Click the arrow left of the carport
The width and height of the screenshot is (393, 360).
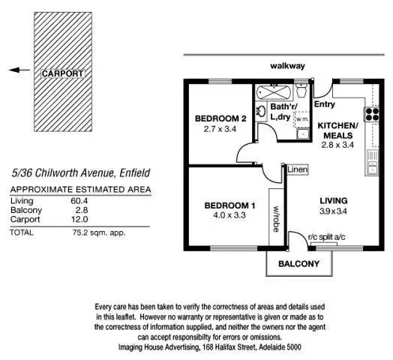[x=19, y=70]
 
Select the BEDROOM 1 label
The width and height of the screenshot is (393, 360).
[x=226, y=205]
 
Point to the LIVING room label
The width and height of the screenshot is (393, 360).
[x=332, y=201]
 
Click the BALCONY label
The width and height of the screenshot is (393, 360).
[x=298, y=264]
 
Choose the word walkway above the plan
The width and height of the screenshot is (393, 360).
[x=288, y=66]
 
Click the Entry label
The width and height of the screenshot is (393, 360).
[x=325, y=104]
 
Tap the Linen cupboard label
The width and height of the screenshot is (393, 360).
[x=297, y=170]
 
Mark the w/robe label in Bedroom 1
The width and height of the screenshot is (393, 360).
[x=276, y=217]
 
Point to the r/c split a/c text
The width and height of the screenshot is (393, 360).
[x=328, y=237]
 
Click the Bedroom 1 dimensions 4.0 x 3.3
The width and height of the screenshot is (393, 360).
[x=226, y=214]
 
